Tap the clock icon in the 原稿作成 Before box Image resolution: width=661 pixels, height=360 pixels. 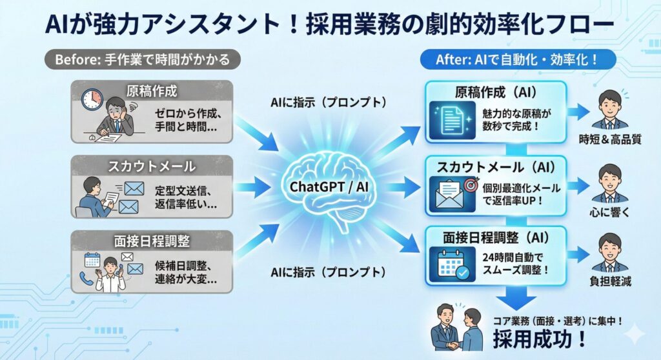tap(92, 99)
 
